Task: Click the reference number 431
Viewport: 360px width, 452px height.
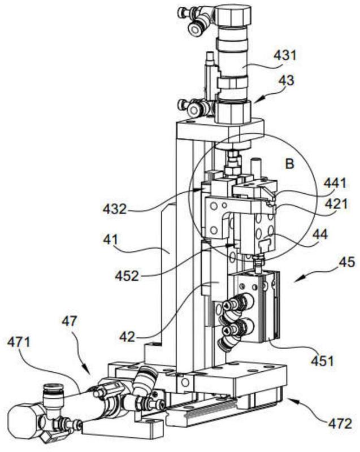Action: tap(285, 55)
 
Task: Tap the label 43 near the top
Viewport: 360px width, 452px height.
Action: tap(286, 80)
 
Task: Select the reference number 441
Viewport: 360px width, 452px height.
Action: tap(335, 183)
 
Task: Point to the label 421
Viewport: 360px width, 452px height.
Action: tap(336, 205)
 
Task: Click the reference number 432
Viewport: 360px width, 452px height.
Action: tap(115, 208)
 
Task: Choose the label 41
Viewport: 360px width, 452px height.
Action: tap(111, 239)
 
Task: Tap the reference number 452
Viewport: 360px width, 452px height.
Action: tap(127, 276)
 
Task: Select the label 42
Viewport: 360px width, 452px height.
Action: tap(127, 336)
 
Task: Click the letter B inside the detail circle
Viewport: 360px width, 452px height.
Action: tap(289, 164)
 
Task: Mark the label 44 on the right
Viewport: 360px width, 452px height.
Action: tap(320, 234)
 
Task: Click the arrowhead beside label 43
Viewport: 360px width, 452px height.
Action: tap(256, 100)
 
